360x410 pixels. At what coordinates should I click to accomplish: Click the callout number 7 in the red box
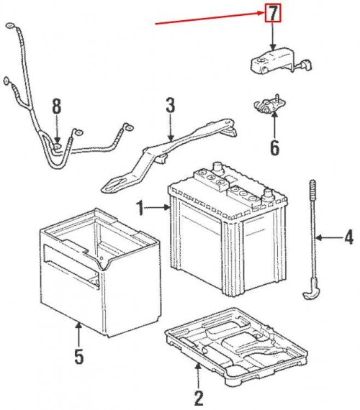(x=274, y=12)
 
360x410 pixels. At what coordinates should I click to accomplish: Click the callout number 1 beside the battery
(x=143, y=209)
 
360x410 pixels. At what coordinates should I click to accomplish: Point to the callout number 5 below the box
(x=80, y=355)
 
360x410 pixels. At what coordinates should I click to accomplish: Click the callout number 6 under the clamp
(x=274, y=148)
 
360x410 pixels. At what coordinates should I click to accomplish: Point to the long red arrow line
(x=209, y=19)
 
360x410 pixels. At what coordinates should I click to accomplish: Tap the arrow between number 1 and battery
(x=158, y=209)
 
